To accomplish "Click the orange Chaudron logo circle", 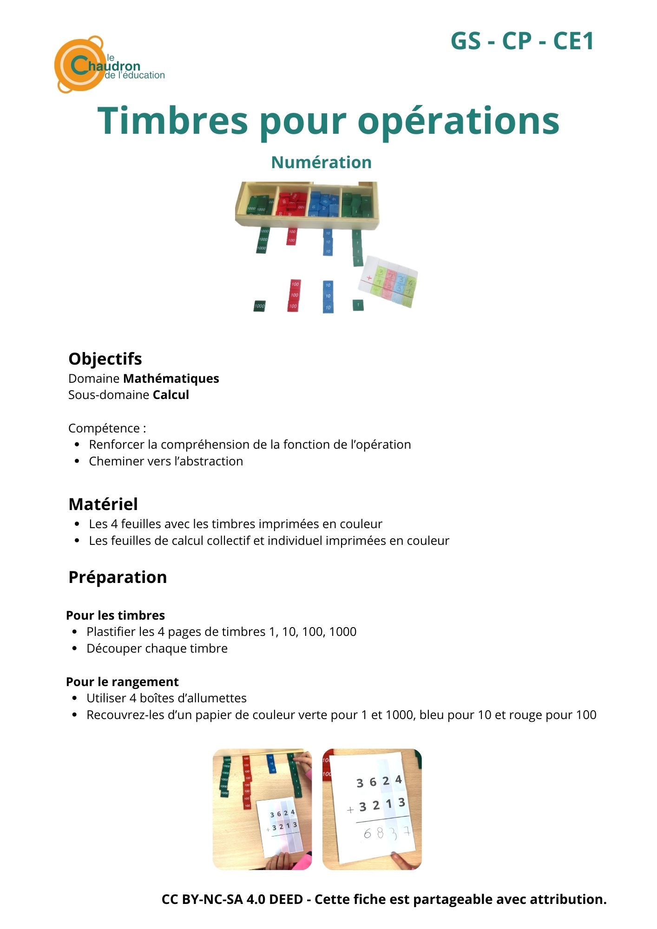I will point(78,65).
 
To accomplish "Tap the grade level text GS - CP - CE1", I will point(522,41).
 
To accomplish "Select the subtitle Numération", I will point(321,162).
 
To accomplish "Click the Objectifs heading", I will point(105,359).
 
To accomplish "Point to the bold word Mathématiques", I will point(171,379).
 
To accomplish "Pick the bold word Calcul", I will point(171,395).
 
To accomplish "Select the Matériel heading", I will point(103,504).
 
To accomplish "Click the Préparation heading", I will point(118,577).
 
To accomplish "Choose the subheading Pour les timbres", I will point(115,615).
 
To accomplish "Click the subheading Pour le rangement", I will point(122,682).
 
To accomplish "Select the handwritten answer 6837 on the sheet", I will point(386,833).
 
